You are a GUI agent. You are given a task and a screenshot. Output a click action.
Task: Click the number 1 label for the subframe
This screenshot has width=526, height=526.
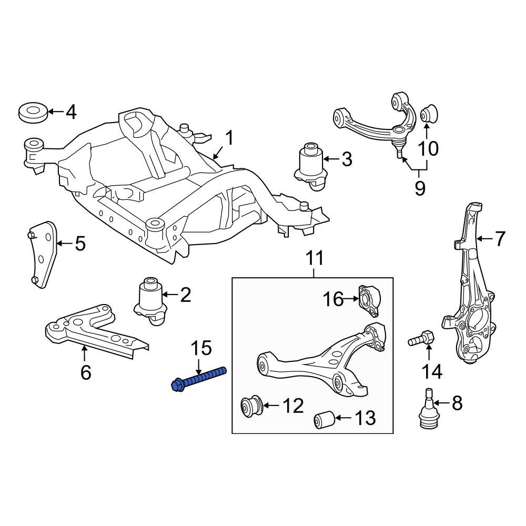[229, 139]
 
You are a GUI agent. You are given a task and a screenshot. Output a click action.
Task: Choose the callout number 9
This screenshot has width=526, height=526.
[419, 188]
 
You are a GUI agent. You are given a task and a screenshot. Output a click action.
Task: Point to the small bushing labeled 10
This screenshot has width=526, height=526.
[430, 113]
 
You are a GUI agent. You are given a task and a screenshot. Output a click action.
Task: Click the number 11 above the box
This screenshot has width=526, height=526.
[314, 259]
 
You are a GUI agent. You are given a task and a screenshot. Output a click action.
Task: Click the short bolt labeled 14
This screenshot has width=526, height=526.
[421, 338]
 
